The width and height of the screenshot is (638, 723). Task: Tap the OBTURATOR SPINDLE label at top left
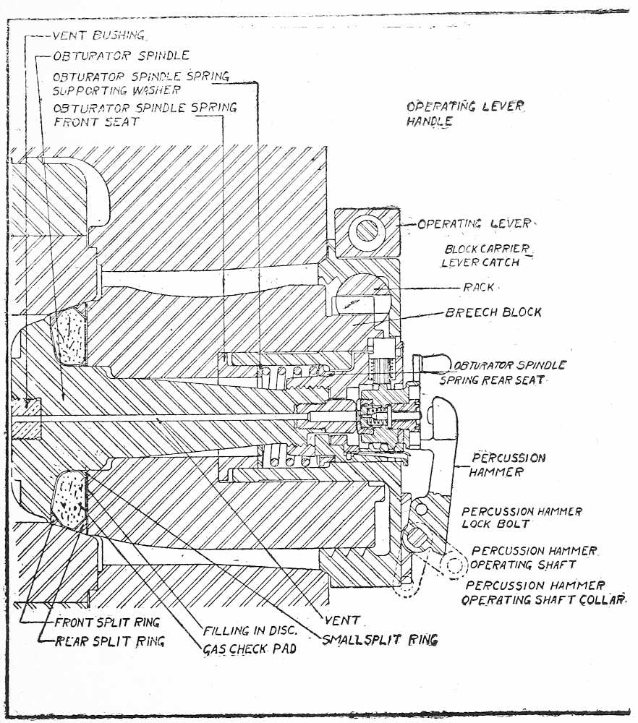click(x=122, y=56)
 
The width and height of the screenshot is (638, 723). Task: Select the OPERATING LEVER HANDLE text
click(x=464, y=114)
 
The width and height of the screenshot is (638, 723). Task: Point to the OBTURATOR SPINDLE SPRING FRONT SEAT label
click(x=145, y=114)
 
